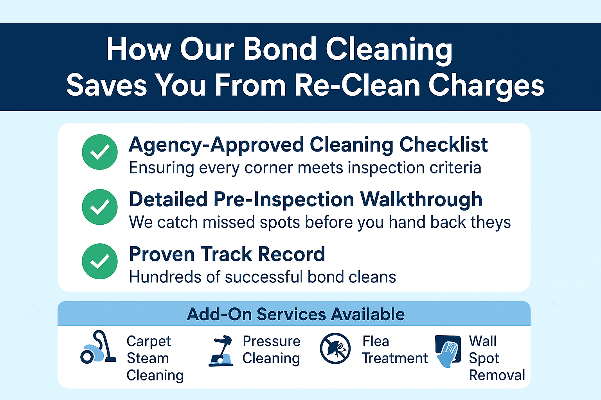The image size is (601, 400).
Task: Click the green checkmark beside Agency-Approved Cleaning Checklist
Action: (x=100, y=152)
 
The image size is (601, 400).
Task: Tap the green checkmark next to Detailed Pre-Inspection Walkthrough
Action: (x=100, y=207)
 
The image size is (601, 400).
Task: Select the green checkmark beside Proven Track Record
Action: (x=100, y=261)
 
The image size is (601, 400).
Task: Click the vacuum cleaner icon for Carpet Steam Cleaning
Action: (x=98, y=348)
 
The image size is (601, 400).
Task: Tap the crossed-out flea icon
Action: (x=335, y=348)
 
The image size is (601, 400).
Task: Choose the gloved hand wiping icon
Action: (x=448, y=350)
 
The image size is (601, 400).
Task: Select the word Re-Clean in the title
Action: (x=357, y=85)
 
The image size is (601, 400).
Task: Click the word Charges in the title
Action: (x=486, y=85)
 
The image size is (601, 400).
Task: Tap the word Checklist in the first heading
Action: (x=443, y=145)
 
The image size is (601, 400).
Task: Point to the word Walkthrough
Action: (x=421, y=199)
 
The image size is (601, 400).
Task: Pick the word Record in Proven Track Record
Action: (x=292, y=254)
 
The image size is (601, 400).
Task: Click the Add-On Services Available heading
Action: (x=295, y=314)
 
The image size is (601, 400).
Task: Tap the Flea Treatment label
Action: (x=394, y=350)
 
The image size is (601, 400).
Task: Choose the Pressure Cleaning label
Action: (x=271, y=350)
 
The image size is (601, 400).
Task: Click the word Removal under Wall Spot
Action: (x=497, y=375)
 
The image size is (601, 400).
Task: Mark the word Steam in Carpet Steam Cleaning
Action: (x=148, y=358)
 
